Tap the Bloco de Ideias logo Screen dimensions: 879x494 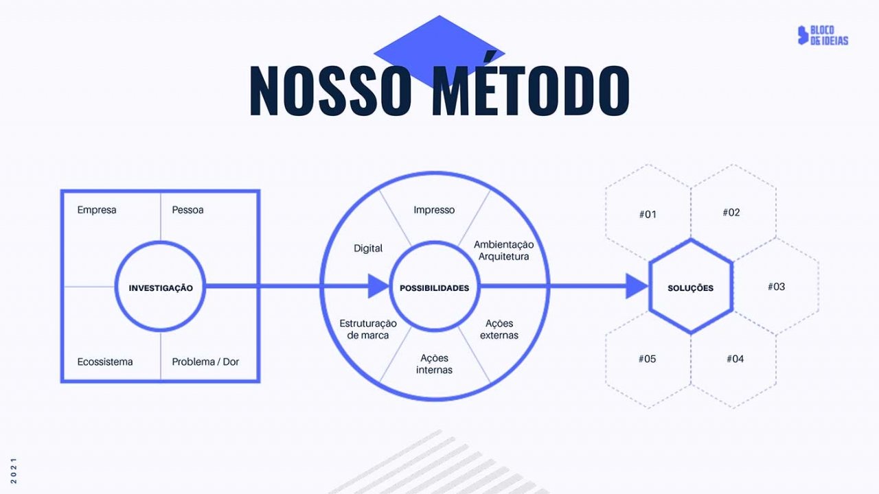pos(823,35)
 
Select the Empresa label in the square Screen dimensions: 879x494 pos(97,210)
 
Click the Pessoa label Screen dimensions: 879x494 pos(187,210)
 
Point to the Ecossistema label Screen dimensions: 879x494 pos(105,362)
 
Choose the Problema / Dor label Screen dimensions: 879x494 pos(205,362)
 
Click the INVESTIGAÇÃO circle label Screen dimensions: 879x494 pos(161,288)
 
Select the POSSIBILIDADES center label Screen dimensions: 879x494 pos(435,288)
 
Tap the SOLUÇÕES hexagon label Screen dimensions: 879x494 pos(691,288)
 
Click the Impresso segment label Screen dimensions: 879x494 pos(434,210)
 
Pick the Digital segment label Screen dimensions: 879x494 pos(367,248)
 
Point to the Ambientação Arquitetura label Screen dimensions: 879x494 pos(503,250)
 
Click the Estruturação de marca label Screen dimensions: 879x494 pos(367,329)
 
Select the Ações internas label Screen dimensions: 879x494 pos(434,364)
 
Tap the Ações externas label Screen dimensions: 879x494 pos(499,329)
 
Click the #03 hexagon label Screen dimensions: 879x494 pos(776,287)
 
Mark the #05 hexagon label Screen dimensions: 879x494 pos(647,359)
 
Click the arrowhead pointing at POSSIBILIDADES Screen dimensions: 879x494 pos(378,286)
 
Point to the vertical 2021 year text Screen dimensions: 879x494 pos(14,470)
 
